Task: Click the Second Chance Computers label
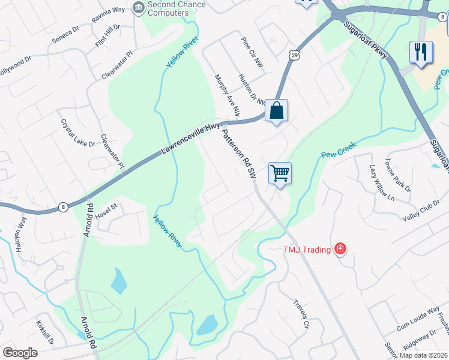176,8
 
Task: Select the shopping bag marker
276,110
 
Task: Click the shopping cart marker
280,173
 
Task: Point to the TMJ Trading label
307,248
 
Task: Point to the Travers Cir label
301,314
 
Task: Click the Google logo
20,353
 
